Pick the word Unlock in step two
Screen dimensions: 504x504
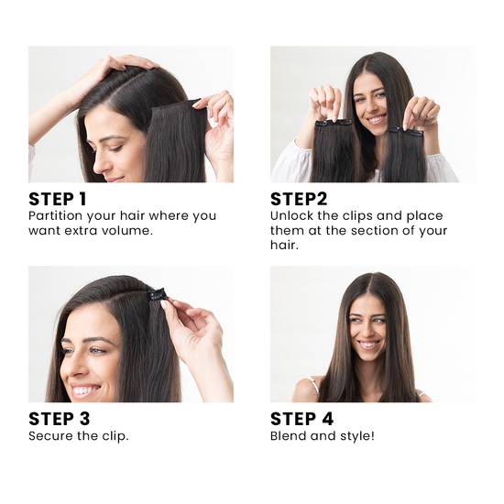(x=291, y=216)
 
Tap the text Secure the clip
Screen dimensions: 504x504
(x=78, y=436)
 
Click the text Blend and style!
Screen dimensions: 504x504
(x=322, y=436)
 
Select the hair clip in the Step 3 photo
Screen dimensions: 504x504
(x=157, y=295)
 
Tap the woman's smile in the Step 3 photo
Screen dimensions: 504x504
(x=85, y=389)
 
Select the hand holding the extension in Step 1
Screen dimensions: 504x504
(x=219, y=124)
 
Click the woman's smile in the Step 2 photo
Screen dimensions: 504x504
(x=376, y=119)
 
